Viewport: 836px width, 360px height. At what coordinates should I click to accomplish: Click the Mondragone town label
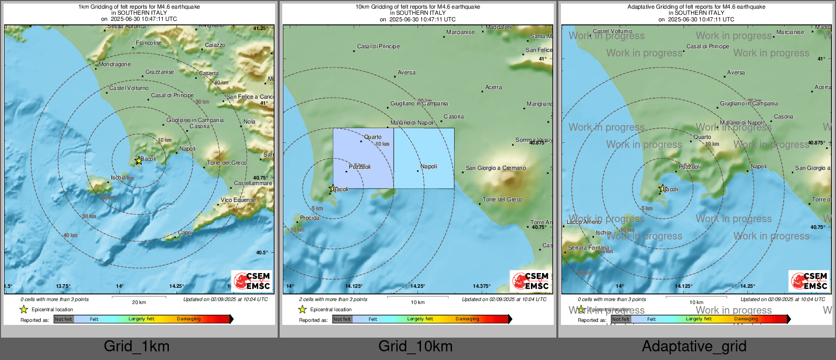pyautogui.click(x=114, y=65)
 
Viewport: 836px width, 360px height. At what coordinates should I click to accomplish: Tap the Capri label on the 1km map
pyautogui.click(x=184, y=232)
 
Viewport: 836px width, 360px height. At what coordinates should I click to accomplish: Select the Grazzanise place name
pyautogui.click(x=160, y=72)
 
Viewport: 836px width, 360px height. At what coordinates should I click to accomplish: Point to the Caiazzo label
pyautogui.click(x=215, y=45)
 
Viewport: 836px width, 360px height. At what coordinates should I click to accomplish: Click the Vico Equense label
pyautogui.click(x=238, y=200)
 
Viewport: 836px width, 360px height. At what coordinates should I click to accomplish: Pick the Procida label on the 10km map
pyautogui.click(x=310, y=218)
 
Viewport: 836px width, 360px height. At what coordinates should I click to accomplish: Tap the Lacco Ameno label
pyautogui.click(x=584, y=222)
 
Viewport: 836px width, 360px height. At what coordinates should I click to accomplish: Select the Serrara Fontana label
pyautogui.click(x=588, y=248)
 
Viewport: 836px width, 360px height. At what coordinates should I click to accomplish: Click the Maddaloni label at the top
pyautogui.click(x=498, y=27)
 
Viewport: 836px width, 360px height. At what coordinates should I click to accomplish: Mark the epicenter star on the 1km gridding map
pyautogui.click(x=138, y=161)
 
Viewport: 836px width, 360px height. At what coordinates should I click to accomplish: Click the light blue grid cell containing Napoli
pyautogui.click(x=424, y=158)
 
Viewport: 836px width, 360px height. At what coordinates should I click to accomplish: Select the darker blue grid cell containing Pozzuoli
pyautogui.click(x=363, y=158)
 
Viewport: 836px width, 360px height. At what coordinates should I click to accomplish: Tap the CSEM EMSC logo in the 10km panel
pyautogui.click(x=531, y=281)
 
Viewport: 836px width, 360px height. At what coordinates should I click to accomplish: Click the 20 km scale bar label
pyautogui.click(x=139, y=303)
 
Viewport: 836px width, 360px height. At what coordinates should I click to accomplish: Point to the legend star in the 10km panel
pyautogui.click(x=303, y=309)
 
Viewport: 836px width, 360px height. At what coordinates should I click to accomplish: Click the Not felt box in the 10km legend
pyautogui.click(x=342, y=319)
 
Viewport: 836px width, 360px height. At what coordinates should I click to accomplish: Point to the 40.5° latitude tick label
pyautogui.click(x=262, y=253)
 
